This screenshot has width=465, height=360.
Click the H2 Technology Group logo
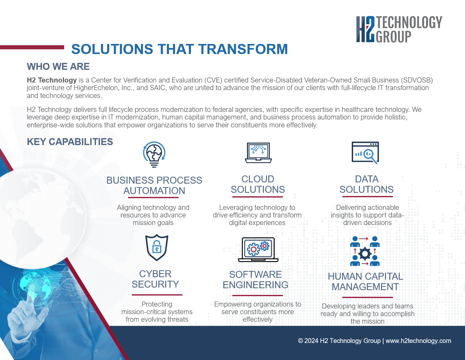click(399, 29)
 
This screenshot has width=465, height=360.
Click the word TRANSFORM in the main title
click(243, 49)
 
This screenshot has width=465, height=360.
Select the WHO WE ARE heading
click(58, 66)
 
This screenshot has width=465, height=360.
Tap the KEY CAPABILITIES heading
click(70, 142)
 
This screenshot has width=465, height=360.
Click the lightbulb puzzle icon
click(154, 154)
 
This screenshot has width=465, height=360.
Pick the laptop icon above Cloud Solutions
click(258, 153)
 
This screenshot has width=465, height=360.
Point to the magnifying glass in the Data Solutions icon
click(370, 156)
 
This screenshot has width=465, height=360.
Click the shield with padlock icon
click(157, 247)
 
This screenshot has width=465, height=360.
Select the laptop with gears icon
click(258, 250)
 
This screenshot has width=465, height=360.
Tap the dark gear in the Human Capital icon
click(365, 254)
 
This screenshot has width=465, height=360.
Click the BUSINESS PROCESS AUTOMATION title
click(154, 186)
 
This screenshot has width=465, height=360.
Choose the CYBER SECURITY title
click(155, 279)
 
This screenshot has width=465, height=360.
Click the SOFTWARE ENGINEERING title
click(255, 280)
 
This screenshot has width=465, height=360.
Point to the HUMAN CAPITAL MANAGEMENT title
click(365, 282)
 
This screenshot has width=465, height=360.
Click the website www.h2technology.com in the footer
click(418, 341)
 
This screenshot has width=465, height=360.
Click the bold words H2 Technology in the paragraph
click(52, 80)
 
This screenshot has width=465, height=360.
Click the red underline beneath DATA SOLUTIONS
click(368, 197)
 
